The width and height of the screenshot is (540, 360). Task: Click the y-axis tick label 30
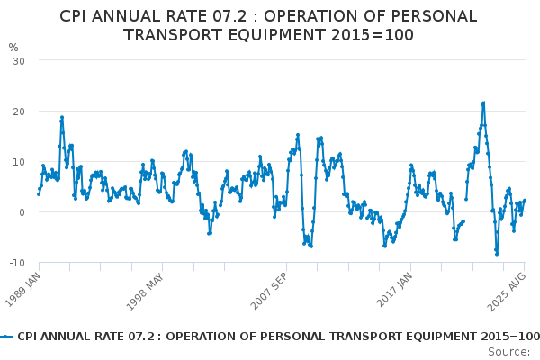coord(18,60)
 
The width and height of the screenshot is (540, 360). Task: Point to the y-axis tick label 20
coord(18,111)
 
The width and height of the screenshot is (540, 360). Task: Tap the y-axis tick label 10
coord(18,162)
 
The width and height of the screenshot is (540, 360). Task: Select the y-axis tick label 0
coord(21,212)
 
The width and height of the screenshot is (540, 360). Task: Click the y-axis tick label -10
coord(15,263)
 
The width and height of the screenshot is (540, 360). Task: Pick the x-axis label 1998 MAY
coord(148,289)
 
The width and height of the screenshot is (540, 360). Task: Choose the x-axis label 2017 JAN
coord(395,289)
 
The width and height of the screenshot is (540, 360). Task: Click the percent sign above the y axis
coord(13,47)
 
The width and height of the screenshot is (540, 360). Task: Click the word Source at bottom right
coord(509,351)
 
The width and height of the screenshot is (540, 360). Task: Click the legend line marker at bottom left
coord(7,336)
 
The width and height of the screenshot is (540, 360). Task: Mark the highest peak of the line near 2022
coord(483,103)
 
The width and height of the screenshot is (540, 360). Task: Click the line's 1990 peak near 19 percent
coord(62,116)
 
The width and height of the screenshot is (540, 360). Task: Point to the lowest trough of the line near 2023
coord(496,254)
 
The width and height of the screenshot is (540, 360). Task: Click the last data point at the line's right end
coord(525,200)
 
